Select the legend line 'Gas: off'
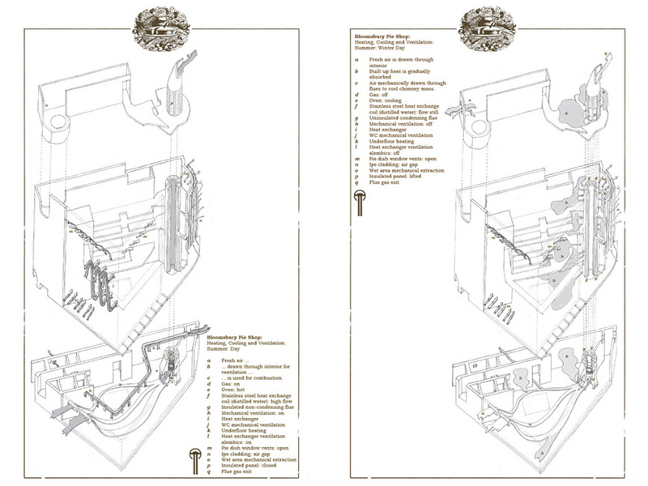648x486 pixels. (381, 95)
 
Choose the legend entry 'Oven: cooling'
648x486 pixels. (387, 101)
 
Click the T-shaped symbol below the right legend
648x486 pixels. (360, 204)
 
